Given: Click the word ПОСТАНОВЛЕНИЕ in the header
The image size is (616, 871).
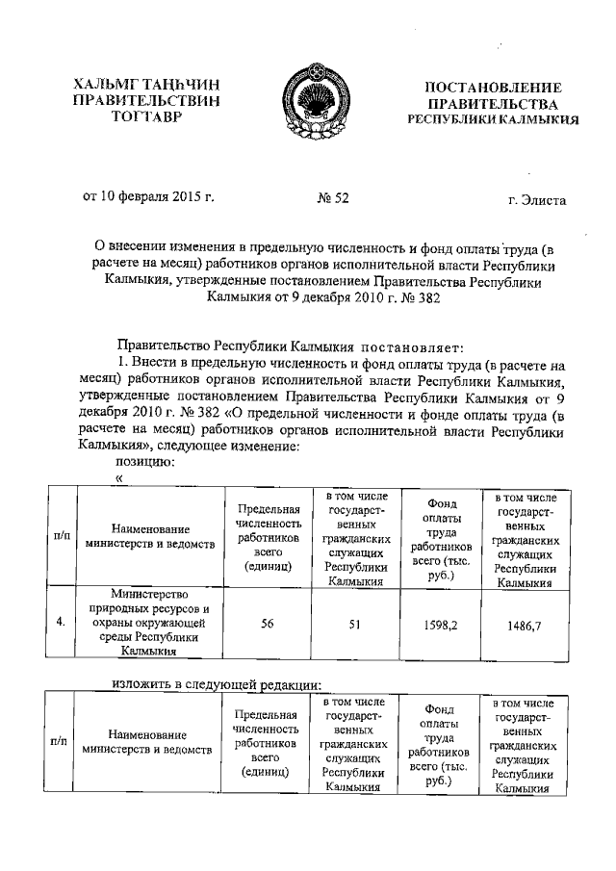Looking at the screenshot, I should click(493, 88).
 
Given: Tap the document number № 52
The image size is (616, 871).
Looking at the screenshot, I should click(332, 199).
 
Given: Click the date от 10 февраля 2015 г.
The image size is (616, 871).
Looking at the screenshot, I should click(148, 198).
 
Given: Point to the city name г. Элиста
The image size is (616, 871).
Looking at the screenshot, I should click(537, 200).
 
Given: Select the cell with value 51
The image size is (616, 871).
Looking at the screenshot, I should click(354, 623).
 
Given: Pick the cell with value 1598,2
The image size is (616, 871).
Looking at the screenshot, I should click(440, 623).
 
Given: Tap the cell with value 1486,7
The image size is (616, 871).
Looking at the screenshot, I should click(524, 624).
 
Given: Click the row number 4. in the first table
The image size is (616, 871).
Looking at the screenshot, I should click(60, 622).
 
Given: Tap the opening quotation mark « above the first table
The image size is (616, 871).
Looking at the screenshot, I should click(119, 476).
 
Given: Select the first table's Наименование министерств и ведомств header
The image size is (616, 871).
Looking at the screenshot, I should click(149, 536).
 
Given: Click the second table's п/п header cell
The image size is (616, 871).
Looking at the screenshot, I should click(58, 743).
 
